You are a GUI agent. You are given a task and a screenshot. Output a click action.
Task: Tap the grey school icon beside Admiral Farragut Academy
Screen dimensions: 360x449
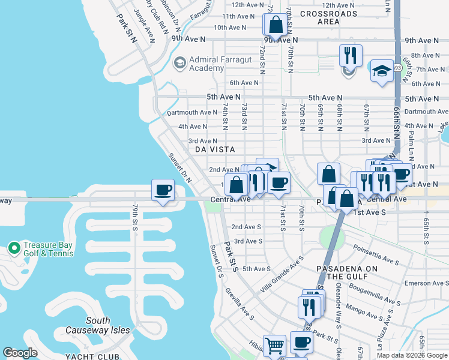pos(179,62)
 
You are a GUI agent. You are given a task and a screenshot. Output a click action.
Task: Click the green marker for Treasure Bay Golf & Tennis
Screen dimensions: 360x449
pos(13,247)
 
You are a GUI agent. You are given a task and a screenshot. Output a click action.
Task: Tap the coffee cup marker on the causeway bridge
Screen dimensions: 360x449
pos(163,191)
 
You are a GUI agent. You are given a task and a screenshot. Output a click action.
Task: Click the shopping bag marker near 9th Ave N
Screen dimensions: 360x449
pos(276,25)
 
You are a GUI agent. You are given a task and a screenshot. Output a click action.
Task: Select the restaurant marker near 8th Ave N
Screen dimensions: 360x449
pos(351,56)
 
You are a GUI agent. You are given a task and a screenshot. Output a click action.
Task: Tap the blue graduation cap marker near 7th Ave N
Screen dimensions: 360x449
pos(382,71)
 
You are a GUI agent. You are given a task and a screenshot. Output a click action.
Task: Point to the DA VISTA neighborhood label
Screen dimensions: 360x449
pos(214,149)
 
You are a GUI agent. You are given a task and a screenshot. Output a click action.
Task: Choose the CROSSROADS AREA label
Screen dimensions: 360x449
pos(328,17)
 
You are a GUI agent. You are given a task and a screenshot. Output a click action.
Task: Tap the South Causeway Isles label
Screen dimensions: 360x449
pos(98,325)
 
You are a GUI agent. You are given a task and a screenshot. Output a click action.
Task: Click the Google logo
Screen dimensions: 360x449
pos(20,353)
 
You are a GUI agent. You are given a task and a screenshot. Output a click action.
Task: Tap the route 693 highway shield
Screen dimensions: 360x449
pos(397,67)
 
